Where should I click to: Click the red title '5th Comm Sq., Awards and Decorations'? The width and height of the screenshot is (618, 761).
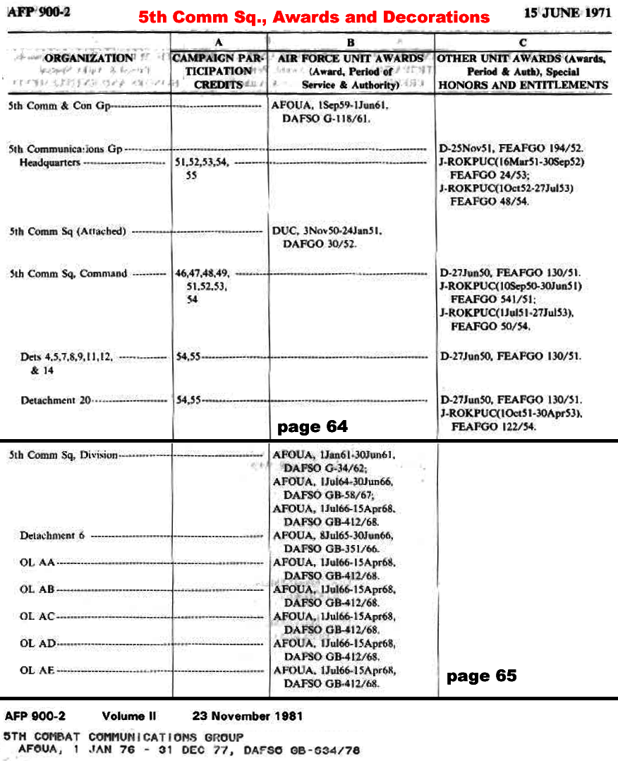[313, 16]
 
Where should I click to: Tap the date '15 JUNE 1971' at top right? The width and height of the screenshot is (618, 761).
[567, 13]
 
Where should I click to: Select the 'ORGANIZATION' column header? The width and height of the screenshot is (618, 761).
[89, 59]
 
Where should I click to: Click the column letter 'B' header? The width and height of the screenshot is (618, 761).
[351, 42]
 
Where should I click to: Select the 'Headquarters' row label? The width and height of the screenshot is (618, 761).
[50, 162]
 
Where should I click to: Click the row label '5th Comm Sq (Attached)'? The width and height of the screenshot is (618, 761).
[68, 232]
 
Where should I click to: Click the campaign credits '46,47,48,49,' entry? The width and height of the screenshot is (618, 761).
[202, 273]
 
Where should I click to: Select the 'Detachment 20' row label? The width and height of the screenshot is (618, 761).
[56, 400]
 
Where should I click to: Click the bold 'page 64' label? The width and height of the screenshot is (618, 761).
[312, 426]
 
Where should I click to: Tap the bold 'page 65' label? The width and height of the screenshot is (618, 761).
[481, 676]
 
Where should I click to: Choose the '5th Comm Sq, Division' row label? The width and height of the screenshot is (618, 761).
[63, 455]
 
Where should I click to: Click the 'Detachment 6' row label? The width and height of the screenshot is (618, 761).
[52, 536]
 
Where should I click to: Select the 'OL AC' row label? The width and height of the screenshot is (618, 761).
[37, 616]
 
